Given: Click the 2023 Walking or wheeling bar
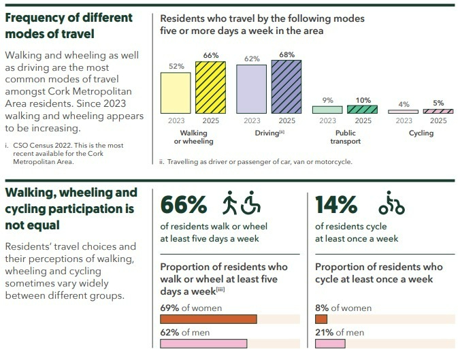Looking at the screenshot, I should pos(176,93).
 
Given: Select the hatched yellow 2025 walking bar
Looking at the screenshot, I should pos(210,87).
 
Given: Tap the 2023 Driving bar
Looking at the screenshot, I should pos(251,88).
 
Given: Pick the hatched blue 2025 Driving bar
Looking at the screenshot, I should pos(286,86).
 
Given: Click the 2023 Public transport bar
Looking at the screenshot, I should pos(327,109).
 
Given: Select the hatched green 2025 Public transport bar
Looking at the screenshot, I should pos(362,109).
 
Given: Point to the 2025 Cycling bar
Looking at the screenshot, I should pos(438,111).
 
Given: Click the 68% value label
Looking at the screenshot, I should pos(286,54).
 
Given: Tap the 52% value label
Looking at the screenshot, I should pos(176,67).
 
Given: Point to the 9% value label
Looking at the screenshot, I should pos(327,100).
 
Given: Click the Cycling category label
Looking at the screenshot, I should pos(421,133).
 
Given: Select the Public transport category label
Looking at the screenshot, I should pos(345,137).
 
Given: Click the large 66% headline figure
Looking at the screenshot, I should pos(183,205).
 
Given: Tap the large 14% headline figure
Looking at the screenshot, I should pos(336,205).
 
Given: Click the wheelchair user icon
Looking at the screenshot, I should pos(251,204).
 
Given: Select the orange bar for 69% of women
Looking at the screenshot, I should pos(208,319).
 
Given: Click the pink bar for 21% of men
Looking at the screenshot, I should pos(331,343).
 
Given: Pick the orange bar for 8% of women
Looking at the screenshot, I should pos(321,319).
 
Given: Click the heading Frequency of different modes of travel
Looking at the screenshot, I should pos(69,25).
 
